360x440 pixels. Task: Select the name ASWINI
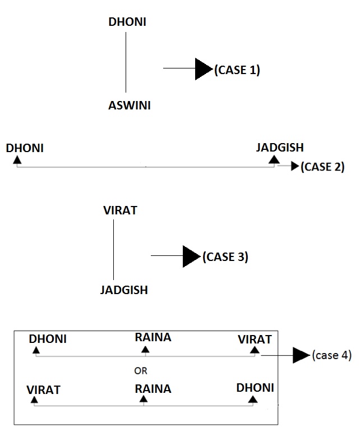click(x=129, y=105)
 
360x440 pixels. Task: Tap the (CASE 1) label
click(x=237, y=70)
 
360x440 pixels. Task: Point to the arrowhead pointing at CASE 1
click(x=203, y=69)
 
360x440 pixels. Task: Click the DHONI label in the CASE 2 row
click(x=25, y=148)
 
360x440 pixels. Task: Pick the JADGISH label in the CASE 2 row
click(x=280, y=148)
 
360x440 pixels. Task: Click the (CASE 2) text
click(x=322, y=167)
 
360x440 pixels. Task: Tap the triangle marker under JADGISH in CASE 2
click(x=274, y=161)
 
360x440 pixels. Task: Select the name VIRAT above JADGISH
click(x=120, y=211)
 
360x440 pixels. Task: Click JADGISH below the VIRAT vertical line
click(x=124, y=290)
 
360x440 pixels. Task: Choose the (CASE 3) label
click(x=225, y=257)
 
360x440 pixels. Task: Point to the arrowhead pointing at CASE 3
click(x=191, y=256)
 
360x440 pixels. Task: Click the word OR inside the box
click(x=141, y=370)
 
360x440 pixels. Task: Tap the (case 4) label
click(x=332, y=355)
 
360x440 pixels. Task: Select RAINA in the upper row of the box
click(x=153, y=338)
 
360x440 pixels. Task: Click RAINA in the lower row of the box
click(x=153, y=388)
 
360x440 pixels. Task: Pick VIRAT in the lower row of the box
click(x=43, y=389)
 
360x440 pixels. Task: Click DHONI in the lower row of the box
click(x=255, y=388)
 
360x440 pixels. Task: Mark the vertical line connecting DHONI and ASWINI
click(x=126, y=62)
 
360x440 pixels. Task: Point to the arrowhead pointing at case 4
click(x=302, y=355)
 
